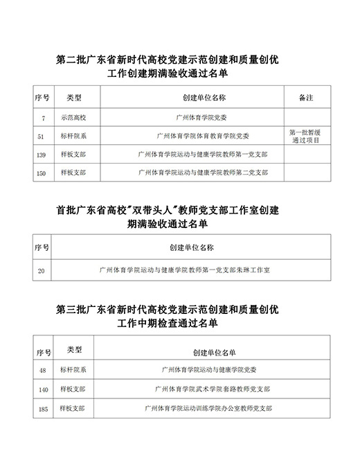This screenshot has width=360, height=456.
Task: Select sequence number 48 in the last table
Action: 43,371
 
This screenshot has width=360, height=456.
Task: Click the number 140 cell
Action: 43,389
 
